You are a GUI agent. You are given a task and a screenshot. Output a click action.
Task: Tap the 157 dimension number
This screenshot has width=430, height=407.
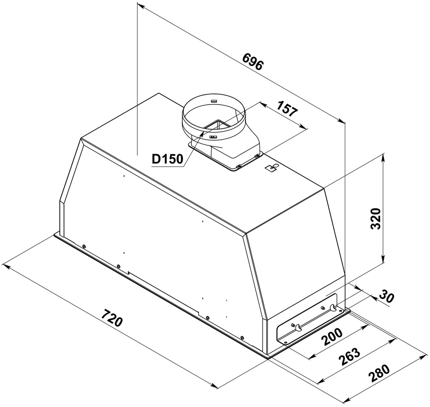point(287,109)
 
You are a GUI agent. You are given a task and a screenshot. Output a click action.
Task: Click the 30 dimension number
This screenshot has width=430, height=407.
point(387,296)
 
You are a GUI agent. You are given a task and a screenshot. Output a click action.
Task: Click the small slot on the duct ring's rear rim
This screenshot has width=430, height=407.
point(214,102)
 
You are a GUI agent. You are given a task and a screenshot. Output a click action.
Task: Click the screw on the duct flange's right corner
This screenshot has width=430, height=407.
point(257,155)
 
